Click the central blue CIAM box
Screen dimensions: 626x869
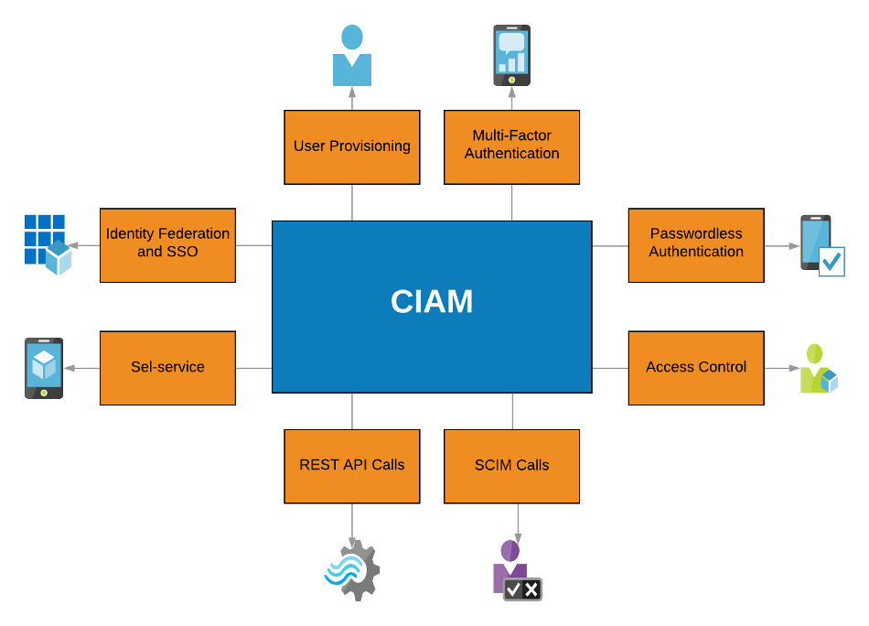coord(432,307)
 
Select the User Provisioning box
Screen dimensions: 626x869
coord(352,146)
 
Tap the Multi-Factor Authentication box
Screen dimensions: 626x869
coord(511,146)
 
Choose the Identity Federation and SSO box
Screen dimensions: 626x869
coord(167,244)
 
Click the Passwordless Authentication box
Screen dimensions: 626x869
coord(696,244)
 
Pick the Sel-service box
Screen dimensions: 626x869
coord(167,368)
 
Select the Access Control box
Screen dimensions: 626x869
coord(696,368)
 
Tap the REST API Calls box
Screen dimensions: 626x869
coord(352,466)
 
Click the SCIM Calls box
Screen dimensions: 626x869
coord(511,466)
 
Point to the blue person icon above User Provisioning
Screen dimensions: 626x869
coord(352,56)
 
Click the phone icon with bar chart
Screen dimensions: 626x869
coord(511,56)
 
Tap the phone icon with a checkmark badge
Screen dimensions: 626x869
coord(821,245)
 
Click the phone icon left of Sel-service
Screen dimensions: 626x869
coord(44,368)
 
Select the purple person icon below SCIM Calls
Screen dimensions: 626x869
coord(516,570)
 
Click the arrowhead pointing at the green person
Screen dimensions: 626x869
coord(795,368)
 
